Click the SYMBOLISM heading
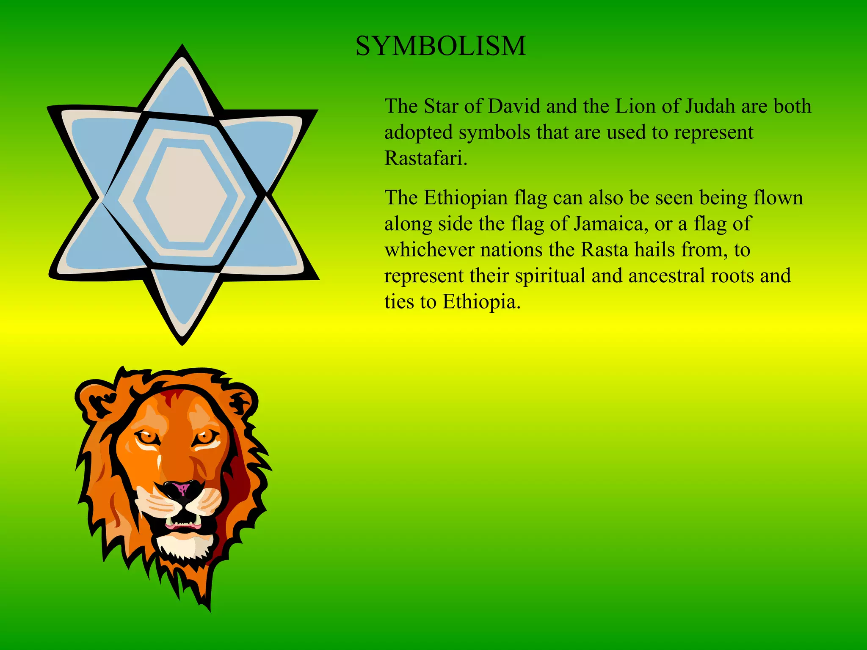pos(441,46)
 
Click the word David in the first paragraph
pos(514,106)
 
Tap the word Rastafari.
pos(425,158)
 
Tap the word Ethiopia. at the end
pos(481,302)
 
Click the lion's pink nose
pos(182,489)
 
